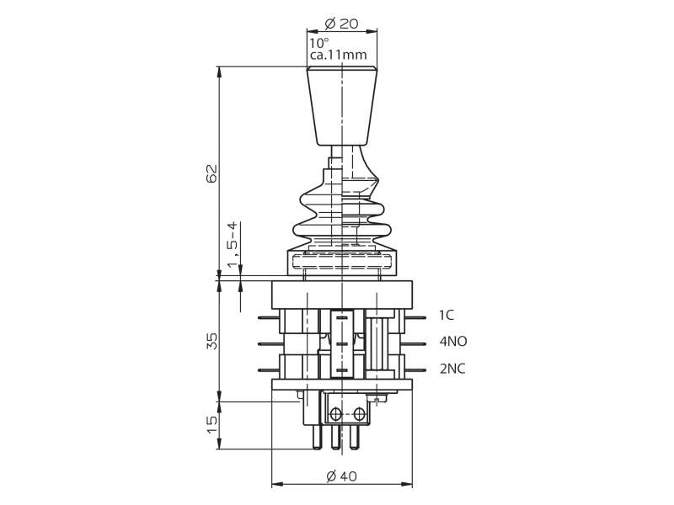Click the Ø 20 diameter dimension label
pos(341,24)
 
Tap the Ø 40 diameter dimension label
pos(342,476)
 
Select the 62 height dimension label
pos(212,173)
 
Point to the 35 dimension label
pos(212,341)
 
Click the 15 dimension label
pos(212,424)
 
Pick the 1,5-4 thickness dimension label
pos(233,245)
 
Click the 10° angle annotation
pos(319,43)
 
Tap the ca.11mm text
pos(339,55)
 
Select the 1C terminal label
pos(447,316)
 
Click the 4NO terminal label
pos(453,342)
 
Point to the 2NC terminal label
pos(452,369)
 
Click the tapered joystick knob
pos(342,106)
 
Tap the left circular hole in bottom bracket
pos(335,414)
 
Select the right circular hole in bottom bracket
pos(359,414)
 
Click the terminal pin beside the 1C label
pos(415,318)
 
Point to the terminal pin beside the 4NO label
pos(415,344)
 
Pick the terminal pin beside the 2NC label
pos(415,370)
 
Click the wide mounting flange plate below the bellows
pos(342,295)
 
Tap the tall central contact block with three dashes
pos(342,343)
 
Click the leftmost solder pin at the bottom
pos(317,436)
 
